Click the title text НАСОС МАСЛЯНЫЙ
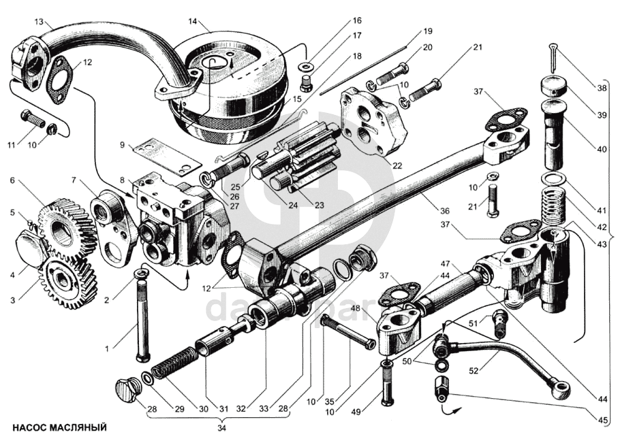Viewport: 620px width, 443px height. coord(60,428)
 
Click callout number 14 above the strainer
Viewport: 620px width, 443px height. coord(193,21)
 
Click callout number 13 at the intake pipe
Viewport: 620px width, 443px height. coord(39,21)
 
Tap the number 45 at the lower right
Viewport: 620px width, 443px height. coord(603,421)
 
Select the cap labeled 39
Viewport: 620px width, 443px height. coord(553,88)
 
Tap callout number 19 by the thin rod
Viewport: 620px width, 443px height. coord(427,31)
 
